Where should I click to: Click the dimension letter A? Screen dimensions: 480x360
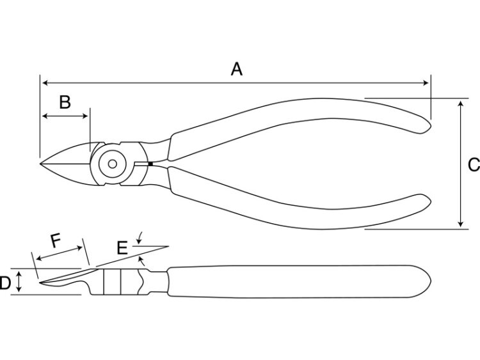tap(237, 69)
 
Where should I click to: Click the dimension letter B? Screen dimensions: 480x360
tap(65, 102)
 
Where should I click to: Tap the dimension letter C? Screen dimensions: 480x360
tap(474, 165)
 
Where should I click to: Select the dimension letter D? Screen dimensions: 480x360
tap(5, 283)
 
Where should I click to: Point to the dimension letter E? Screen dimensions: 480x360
tap(122, 248)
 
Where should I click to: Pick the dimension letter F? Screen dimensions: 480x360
tap(56, 240)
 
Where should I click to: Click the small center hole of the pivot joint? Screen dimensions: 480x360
tap(113, 164)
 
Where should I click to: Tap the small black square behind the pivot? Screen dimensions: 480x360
tap(150, 164)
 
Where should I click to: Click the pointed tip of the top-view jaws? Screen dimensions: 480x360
tap(40, 164)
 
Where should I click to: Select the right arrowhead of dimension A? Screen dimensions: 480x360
tap(426, 83)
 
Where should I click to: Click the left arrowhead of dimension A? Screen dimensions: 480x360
tap(45, 83)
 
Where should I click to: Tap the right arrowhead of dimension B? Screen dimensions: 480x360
tap(85, 116)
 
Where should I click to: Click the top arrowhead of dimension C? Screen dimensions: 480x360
tap(461, 105)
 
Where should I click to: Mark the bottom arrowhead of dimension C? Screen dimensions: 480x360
tap(461, 224)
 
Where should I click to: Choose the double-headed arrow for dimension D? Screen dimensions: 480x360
tap(19, 281)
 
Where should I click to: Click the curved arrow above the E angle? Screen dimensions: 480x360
tap(140, 238)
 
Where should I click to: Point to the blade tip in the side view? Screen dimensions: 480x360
tap(40, 283)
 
